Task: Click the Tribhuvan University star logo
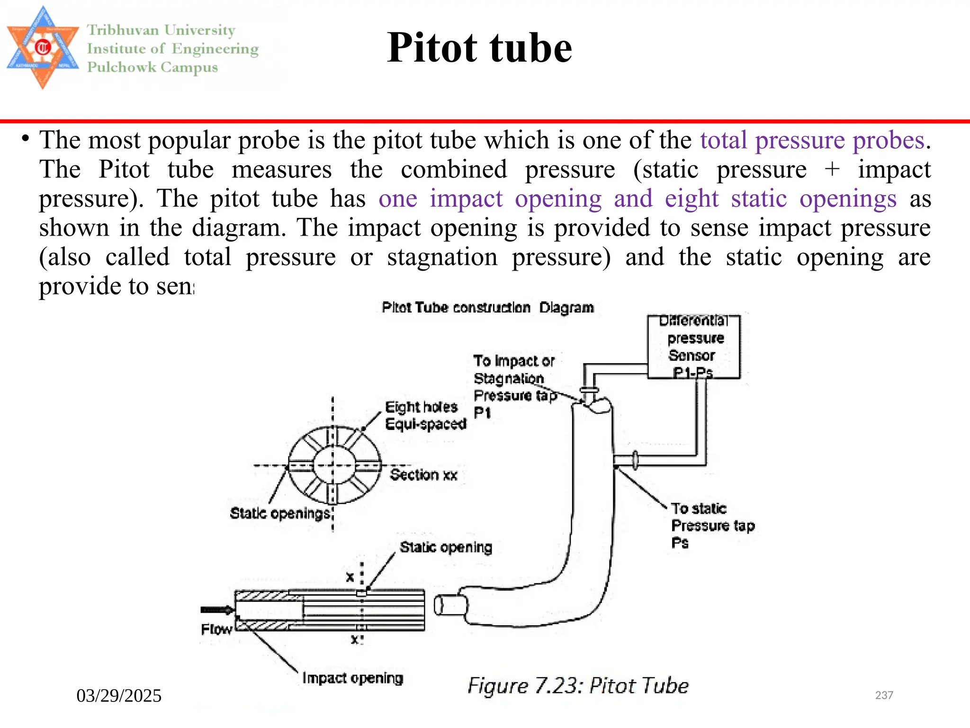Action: click(43, 47)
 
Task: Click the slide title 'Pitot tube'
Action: click(479, 48)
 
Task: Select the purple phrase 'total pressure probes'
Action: click(812, 140)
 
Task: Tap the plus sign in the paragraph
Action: click(832, 169)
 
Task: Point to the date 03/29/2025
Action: click(119, 696)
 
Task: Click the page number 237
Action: click(884, 695)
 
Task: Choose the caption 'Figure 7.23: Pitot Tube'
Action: click(578, 686)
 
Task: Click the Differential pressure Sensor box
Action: click(693, 347)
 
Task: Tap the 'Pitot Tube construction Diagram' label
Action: click(487, 308)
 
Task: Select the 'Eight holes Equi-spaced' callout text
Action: click(425, 415)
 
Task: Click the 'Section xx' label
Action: click(423, 475)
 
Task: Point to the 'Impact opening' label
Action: click(352, 678)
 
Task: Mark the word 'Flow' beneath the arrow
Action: click(216, 629)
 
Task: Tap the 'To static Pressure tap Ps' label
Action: click(712, 526)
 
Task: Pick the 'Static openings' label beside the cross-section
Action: click(280, 513)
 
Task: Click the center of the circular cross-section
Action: click(333, 465)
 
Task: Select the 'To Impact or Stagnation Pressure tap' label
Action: click(514, 378)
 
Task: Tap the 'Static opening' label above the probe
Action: click(446, 547)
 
